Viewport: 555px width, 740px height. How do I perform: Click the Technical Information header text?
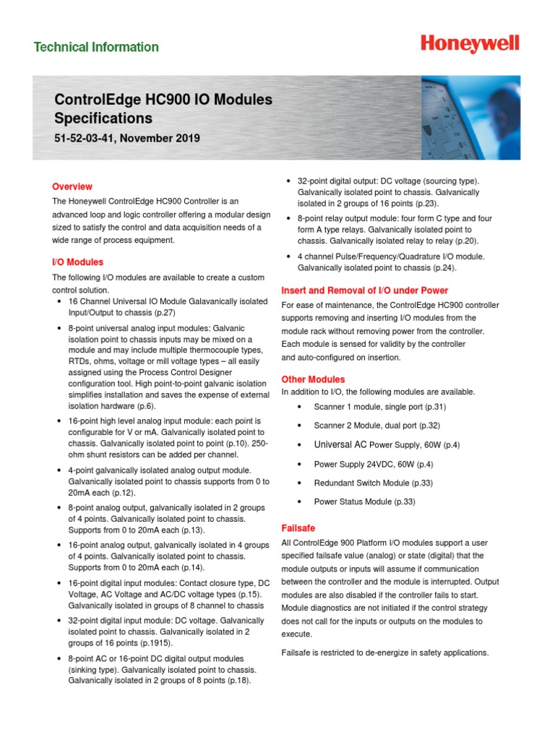[x=96, y=48]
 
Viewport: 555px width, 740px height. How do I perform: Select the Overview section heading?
[x=72, y=186]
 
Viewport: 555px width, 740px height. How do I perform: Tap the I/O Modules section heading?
[x=77, y=262]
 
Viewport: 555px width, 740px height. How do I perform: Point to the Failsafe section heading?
[x=298, y=528]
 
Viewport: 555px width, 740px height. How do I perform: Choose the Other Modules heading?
[x=313, y=379]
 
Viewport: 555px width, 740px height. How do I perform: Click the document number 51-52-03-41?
[x=87, y=138]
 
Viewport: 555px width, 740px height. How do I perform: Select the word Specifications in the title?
[x=103, y=118]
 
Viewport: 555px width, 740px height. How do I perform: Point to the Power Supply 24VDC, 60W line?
[x=374, y=464]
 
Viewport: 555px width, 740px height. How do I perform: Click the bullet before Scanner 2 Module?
[x=298, y=426]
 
